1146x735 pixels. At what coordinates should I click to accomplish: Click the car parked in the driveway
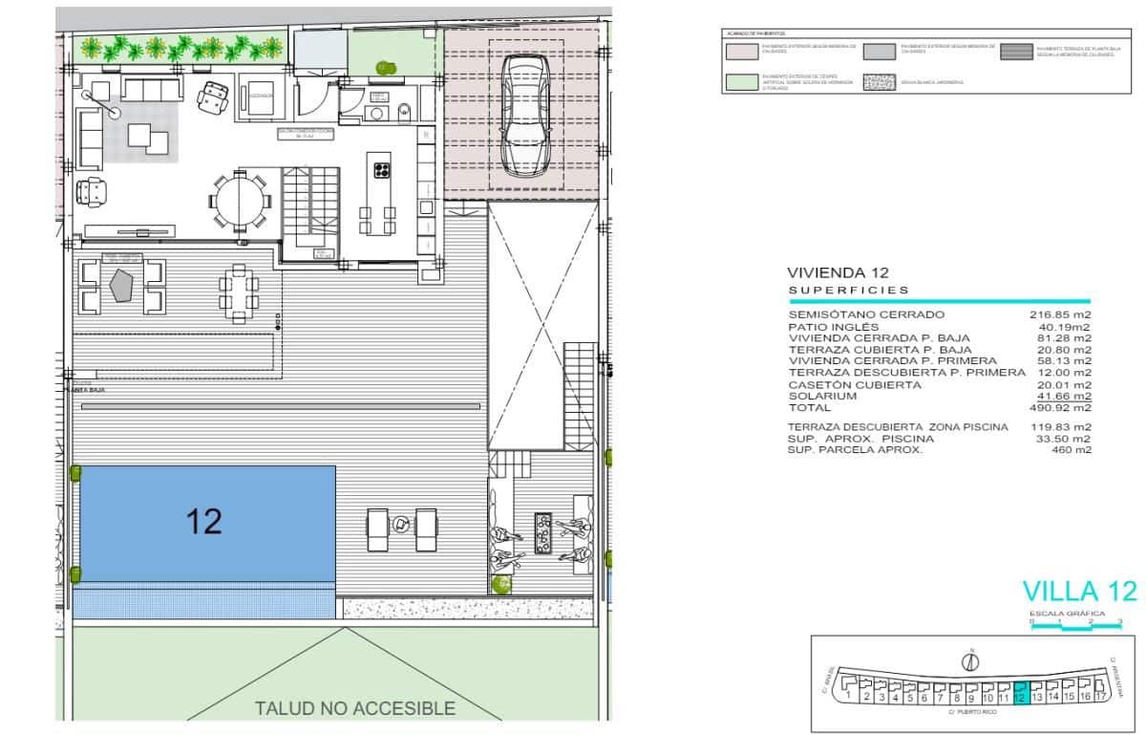coord(522,115)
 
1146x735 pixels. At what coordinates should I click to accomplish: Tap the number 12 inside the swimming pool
coord(204,521)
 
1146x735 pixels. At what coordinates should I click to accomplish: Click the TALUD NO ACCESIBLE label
coord(354,708)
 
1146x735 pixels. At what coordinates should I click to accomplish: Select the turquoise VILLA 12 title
coord(1079,591)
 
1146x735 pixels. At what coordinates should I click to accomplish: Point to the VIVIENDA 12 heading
coord(837,272)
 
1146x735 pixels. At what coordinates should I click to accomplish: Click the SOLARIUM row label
coord(822,396)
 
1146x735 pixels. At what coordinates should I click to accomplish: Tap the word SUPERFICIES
coord(849,290)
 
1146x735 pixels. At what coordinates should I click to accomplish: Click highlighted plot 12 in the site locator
coord(1020,691)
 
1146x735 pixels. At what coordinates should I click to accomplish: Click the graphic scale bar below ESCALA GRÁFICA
coord(1075,627)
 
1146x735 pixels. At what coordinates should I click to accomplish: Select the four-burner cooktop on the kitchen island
coord(382,171)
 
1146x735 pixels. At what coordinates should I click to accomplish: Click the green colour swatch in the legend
coord(741,82)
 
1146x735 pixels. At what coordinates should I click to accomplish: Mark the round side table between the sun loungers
coord(402,523)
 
